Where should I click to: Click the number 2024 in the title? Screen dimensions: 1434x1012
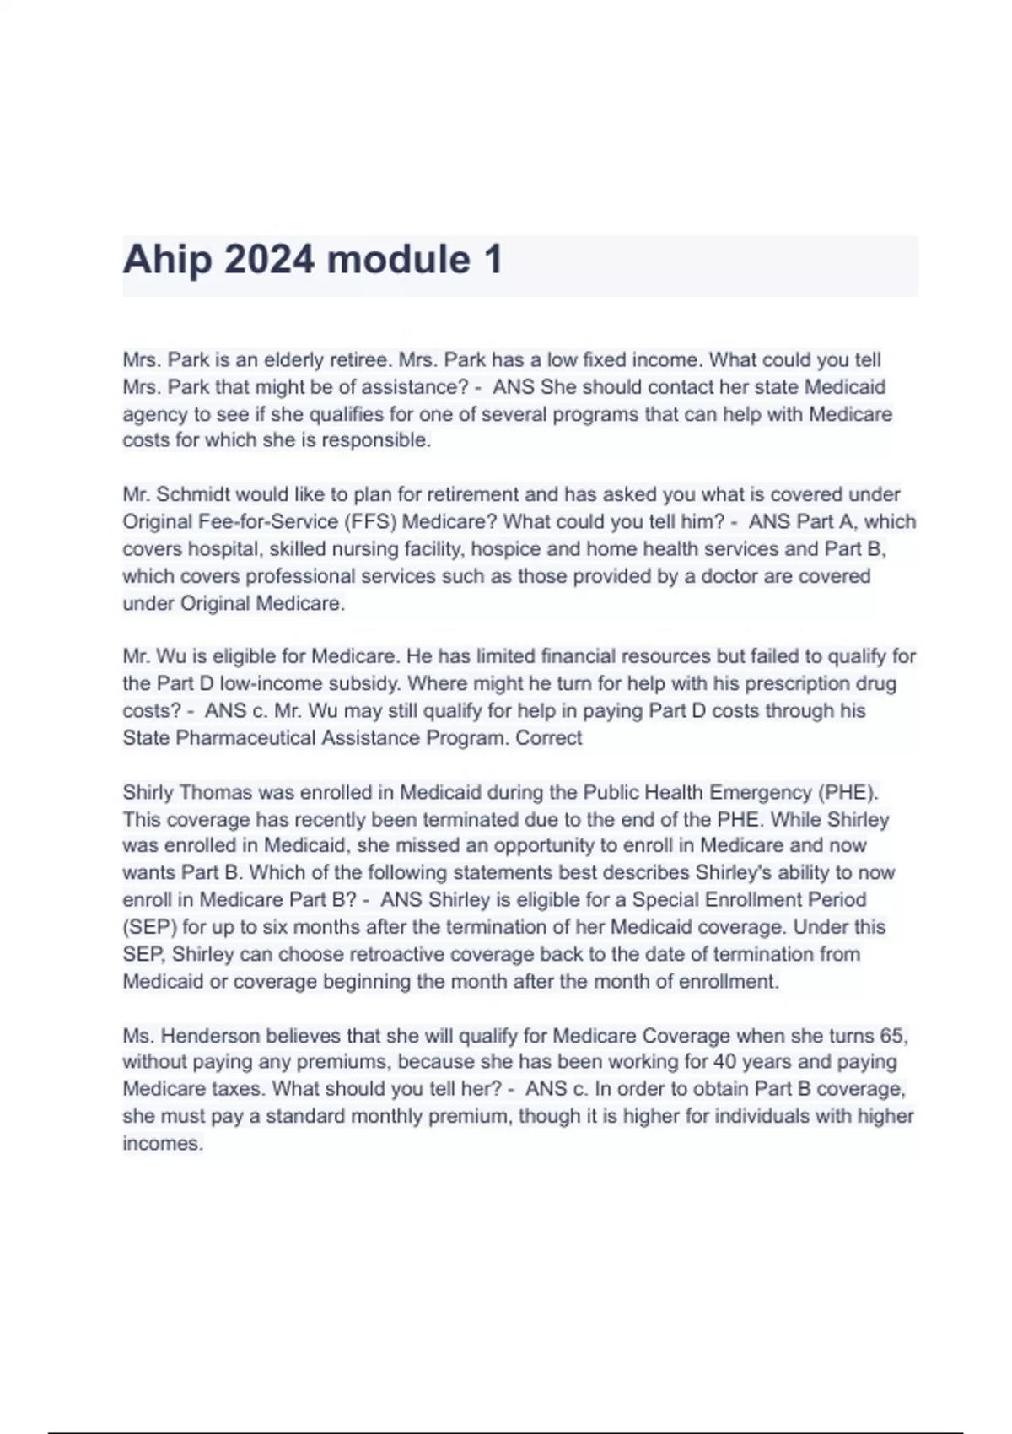[269, 259]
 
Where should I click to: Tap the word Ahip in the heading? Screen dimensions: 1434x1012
[167, 259]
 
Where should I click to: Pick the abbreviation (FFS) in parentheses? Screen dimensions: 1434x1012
[364, 521]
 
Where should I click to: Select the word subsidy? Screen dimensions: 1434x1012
[366, 683]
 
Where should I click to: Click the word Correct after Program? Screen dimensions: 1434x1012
[549, 738]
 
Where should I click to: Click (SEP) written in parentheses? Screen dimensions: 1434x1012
[149, 927]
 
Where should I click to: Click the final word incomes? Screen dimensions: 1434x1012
[162, 1144]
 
